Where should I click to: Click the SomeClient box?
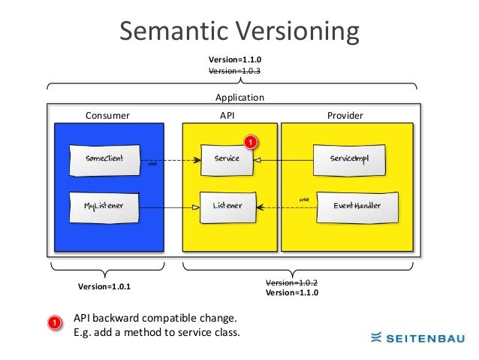(104, 159)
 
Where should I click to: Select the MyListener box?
(104, 205)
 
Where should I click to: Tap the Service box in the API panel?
(226, 159)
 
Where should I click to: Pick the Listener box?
(226, 205)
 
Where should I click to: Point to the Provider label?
(345, 116)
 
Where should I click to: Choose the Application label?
(239, 98)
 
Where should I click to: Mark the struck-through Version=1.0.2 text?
(292, 283)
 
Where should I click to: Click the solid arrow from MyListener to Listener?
(170, 207)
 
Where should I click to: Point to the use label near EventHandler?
(304, 199)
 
